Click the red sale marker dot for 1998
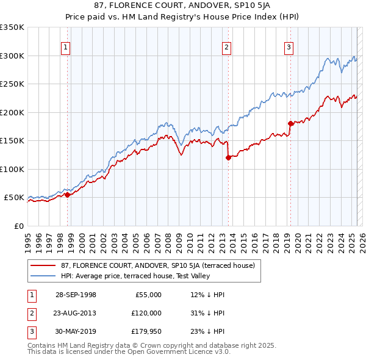(x=68, y=195)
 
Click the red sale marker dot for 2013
(x=228, y=157)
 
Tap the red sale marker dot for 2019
(x=290, y=124)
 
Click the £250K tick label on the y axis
(x=12, y=84)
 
